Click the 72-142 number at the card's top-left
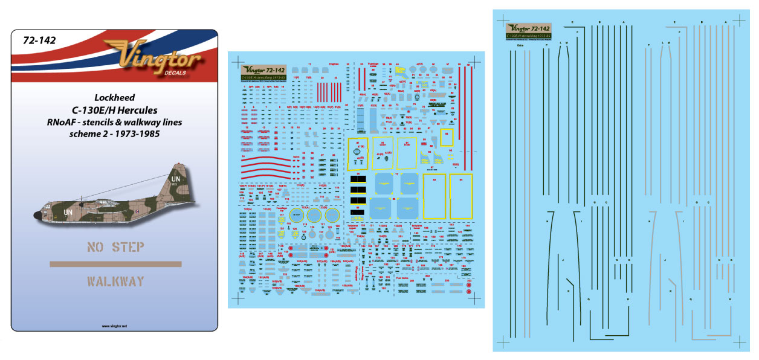[x=39, y=41]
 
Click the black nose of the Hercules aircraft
[x=38, y=215]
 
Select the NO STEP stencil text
[x=115, y=247]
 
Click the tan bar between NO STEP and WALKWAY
[x=115, y=264]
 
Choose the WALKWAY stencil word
[x=115, y=281]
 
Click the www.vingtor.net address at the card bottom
[x=115, y=324]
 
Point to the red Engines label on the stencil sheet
[x=335, y=63]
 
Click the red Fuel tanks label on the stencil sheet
[x=402, y=279]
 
